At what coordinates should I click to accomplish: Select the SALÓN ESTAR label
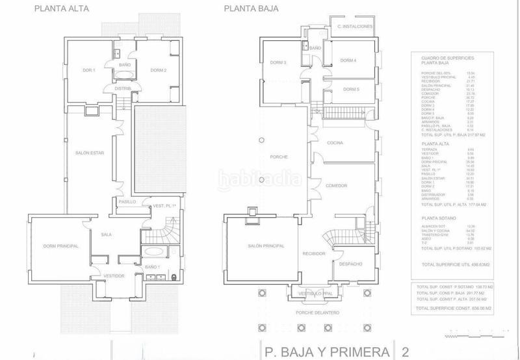[x=89, y=152]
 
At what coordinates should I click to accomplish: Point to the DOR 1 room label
[x=89, y=70]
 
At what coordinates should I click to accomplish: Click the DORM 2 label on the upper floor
[x=159, y=70]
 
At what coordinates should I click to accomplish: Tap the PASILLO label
[x=127, y=202]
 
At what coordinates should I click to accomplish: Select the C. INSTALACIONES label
[x=354, y=26]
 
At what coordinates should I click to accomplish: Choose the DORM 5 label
[x=352, y=89]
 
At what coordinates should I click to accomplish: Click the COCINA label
[x=335, y=142]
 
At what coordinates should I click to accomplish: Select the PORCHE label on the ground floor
[x=278, y=158]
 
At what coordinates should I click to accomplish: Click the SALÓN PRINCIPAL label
[x=266, y=246]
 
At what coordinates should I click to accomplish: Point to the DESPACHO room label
[x=350, y=264]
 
